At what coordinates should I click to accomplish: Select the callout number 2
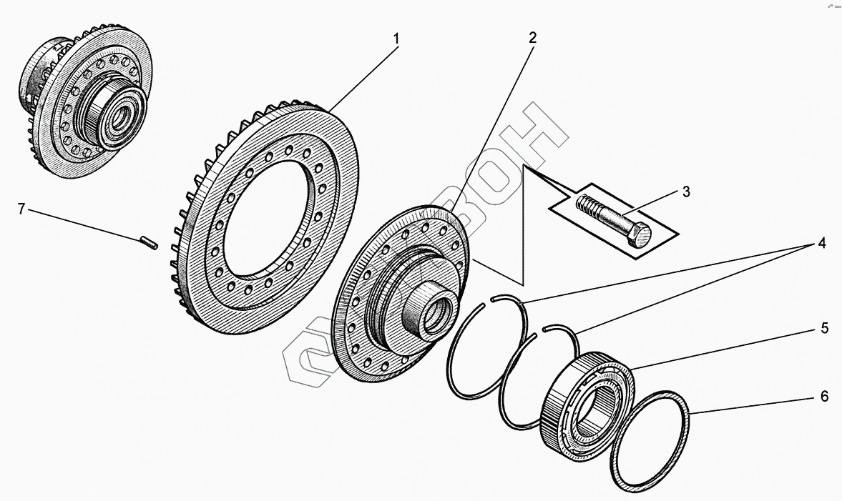click(532, 38)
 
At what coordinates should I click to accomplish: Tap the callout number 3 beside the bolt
click(686, 192)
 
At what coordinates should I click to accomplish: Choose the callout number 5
click(824, 329)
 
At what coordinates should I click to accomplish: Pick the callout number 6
click(824, 396)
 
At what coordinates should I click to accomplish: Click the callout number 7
click(21, 209)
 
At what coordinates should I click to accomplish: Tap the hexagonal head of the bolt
click(640, 234)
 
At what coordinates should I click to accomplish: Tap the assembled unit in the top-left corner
click(86, 107)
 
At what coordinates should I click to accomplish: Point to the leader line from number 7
click(86, 225)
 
